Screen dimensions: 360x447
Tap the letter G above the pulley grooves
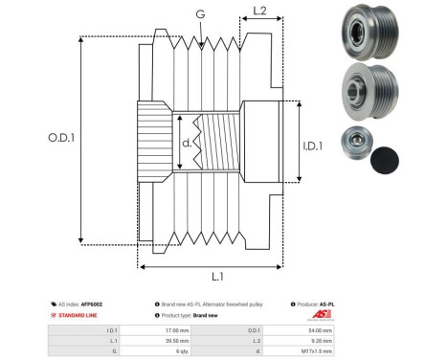[x=199, y=14]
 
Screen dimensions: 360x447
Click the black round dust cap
[x=386, y=160]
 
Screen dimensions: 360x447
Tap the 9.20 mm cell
[x=322, y=340]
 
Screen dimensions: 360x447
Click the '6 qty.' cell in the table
[x=171, y=351]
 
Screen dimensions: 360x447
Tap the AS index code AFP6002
[x=92, y=303]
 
